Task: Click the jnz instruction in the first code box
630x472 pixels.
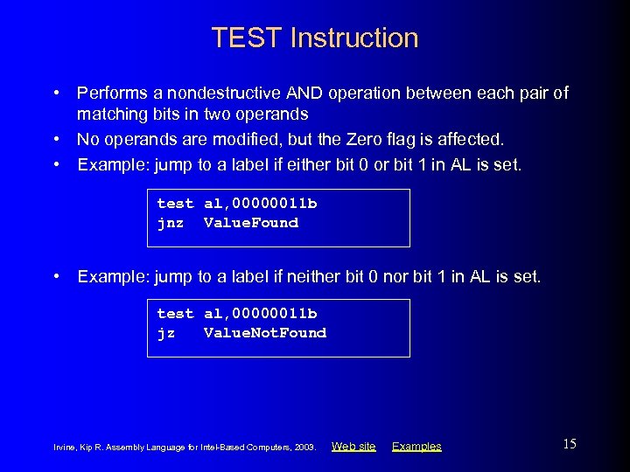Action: [170, 223]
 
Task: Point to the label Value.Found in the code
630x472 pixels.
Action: [251, 223]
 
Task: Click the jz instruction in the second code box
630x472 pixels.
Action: [165, 333]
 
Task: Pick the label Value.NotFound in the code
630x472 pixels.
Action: [265, 333]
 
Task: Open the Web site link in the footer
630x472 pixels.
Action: [353, 447]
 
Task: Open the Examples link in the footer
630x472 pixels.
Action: [416, 447]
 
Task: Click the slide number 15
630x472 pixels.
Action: [570, 444]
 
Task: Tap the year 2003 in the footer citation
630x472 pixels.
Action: [304, 448]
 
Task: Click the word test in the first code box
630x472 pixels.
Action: [175, 204]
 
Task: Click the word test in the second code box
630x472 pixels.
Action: [175, 314]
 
